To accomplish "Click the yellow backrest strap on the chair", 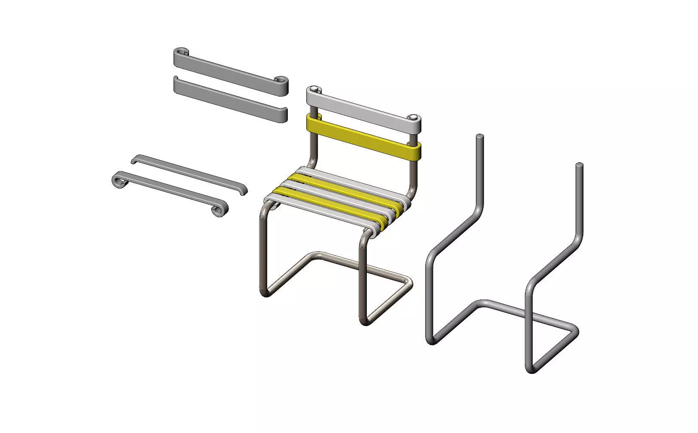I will (x=363, y=136).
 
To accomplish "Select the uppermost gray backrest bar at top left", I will (x=230, y=68).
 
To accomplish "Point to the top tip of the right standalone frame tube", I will (x=579, y=165).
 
